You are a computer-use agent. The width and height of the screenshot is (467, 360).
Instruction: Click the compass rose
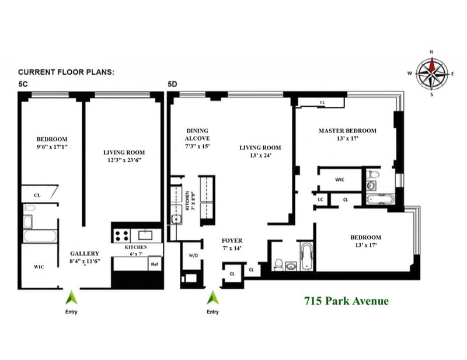(432, 73)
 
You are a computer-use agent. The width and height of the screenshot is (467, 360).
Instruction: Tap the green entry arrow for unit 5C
(71, 297)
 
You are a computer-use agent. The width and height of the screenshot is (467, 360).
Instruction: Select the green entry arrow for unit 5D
(212, 297)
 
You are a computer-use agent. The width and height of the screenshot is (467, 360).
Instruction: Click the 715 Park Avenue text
(346, 300)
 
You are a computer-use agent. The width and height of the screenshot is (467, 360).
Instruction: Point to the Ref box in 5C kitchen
(155, 264)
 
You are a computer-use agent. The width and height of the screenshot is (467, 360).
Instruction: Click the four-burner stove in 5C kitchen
(122, 236)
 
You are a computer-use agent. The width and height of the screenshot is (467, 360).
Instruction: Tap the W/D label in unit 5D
(193, 256)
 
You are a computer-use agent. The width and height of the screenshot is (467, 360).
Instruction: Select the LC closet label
(320, 199)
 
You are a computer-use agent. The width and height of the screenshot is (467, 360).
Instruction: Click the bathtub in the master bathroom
(381, 199)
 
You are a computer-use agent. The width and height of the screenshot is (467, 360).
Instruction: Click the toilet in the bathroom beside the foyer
(279, 265)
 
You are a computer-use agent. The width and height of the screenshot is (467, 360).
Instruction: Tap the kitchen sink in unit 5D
(177, 219)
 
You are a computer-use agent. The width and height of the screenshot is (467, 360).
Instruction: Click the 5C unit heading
(23, 84)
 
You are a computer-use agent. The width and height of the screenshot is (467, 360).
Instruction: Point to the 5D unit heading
(172, 84)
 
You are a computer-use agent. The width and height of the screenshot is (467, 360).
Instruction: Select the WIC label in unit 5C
(39, 267)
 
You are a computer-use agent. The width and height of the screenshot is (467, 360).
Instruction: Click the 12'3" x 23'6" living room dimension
(124, 160)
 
